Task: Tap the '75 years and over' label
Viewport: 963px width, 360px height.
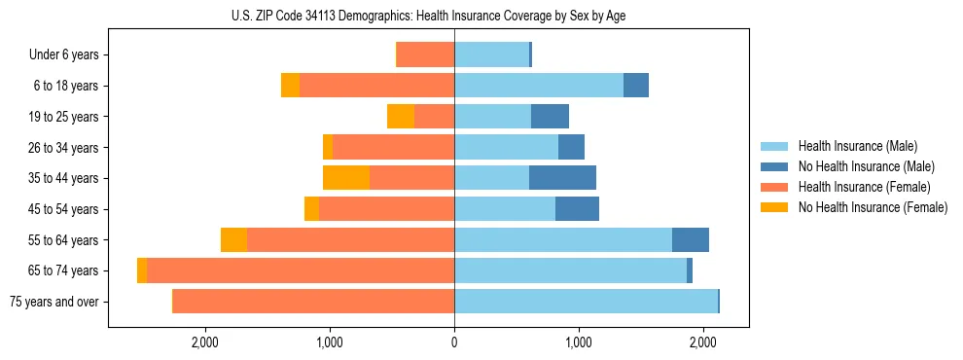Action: [54, 302]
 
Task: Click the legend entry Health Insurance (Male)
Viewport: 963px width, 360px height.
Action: [858, 146]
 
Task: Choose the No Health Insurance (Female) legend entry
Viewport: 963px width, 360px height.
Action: [873, 207]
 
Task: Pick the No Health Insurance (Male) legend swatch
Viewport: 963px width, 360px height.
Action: [774, 166]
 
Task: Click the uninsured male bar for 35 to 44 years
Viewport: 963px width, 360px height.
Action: [562, 178]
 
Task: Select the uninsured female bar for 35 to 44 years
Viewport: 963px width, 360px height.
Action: [346, 178]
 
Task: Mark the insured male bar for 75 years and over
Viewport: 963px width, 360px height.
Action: [586, 302]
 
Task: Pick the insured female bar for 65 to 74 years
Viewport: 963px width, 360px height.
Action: [301, 270]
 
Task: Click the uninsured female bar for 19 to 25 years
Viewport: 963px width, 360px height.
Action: [401, 117]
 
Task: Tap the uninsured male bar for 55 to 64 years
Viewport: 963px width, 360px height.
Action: [691, 239]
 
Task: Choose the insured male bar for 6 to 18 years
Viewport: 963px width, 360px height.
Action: [539, 86]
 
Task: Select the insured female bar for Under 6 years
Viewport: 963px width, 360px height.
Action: [426, 55]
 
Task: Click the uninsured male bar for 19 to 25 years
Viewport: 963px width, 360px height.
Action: [550, 117]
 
